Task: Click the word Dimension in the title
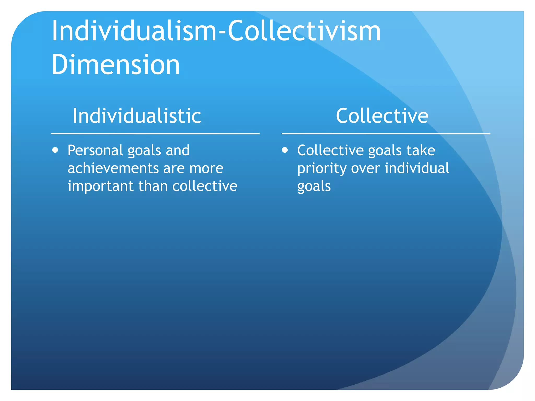click(116, 64)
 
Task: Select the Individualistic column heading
click(137, 116)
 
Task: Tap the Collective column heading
click(382, 116)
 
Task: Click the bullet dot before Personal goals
click(55, 150)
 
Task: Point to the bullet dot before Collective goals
click(285, 150)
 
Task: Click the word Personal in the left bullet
click(95, 150)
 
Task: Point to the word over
click(365, 168)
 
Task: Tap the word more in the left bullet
click(206, 168)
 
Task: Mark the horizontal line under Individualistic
click(155, 134)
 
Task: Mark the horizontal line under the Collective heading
click(386, 134)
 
